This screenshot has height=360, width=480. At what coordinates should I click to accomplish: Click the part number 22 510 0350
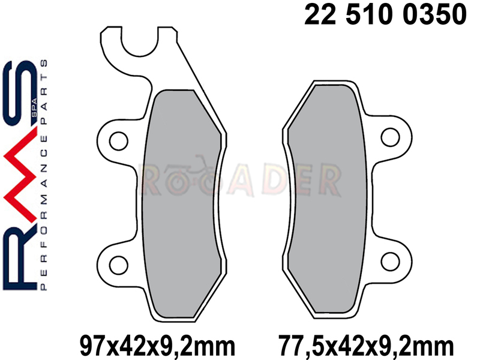(x=385, y=14)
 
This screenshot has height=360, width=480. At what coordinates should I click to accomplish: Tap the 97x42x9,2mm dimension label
(x=157, y=346)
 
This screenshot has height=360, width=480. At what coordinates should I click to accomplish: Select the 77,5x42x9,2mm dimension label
(x=366, y=346)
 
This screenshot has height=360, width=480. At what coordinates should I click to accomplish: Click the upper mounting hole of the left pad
(x=119, y=141)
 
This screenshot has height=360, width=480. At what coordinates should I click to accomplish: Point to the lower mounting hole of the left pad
(x=119, y=265)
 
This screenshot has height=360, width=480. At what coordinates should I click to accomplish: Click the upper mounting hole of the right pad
(x=391, y=137)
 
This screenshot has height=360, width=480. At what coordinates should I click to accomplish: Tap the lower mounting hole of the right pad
(x=391, y=262)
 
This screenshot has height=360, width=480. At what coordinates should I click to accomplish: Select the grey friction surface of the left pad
(x=182, y=203)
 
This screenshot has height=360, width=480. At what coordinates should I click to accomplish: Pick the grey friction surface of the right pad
(x=327, y=199)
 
